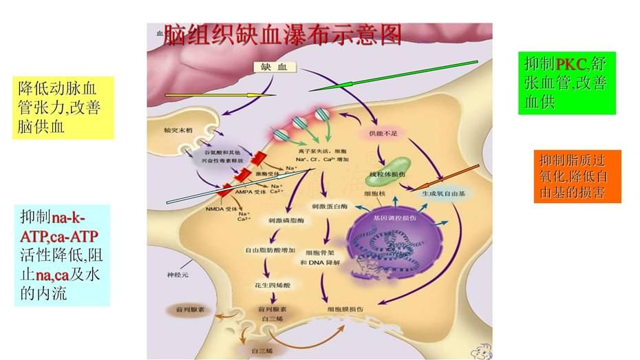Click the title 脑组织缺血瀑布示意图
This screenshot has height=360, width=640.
point(283,34)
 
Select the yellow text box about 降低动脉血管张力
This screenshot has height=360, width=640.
point(66,107)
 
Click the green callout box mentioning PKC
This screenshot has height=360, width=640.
point(566,83)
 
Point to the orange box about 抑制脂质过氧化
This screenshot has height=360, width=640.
point(577,176)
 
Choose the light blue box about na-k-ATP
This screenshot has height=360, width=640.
point(61,255)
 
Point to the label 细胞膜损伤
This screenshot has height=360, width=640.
point(343,310)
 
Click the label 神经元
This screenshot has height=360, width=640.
point(178,275)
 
